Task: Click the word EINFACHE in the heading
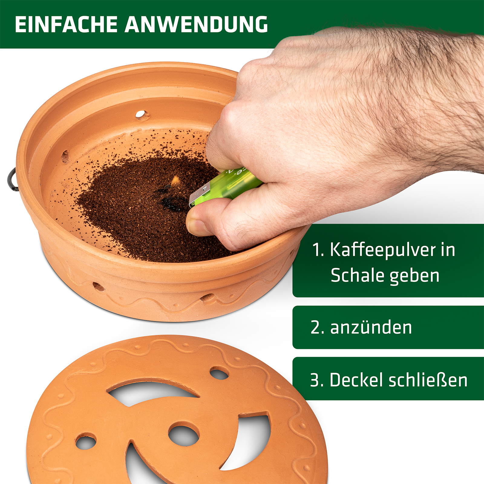66,24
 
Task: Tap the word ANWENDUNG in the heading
196,24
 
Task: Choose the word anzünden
371,327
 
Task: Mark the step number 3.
317,380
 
